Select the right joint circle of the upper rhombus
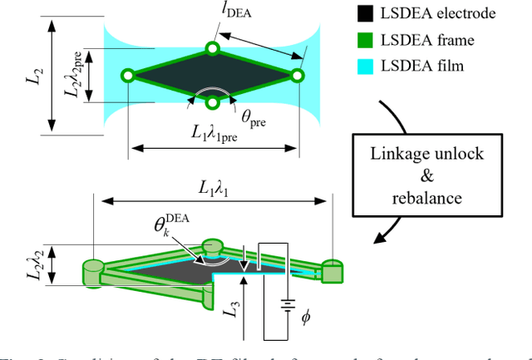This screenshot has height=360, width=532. (x=298, y=76)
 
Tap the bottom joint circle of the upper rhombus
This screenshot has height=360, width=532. (x=213, y=102)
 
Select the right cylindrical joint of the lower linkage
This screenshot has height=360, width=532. (x=332, y=269)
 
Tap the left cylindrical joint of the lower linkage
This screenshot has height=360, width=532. (x=92, y=269)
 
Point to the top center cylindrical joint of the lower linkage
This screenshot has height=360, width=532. (x=213, y=248)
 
